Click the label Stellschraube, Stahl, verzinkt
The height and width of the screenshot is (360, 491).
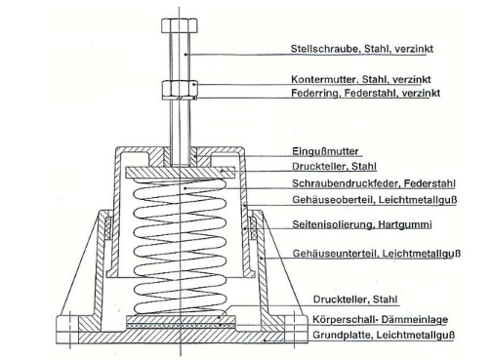[x=362, y=49]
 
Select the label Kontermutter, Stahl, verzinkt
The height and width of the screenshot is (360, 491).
[x=361, y=79]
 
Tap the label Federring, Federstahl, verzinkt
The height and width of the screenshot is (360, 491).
[x=365, y=93]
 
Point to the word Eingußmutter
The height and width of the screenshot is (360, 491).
[x=325, y=151]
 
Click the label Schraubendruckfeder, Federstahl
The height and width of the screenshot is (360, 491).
[x=374, y=183]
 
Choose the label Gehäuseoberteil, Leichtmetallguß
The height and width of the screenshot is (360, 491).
[x=375, y=199]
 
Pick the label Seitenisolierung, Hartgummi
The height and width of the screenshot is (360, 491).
[x=362, y=224]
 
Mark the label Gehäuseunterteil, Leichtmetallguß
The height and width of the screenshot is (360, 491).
[x=377, y=254]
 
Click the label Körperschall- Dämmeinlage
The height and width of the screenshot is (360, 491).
[x=380, y=319]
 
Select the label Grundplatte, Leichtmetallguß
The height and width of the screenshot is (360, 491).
[x=384, y=335]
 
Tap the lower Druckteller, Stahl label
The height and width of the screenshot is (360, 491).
[x=355, y=300]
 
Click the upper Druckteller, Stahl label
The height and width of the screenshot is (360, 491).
[x=334, y=167]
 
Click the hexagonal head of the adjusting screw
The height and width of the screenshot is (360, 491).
[x=180, y=25]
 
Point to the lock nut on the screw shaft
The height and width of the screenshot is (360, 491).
[x=180, y=87]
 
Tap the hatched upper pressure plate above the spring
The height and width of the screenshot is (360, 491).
[x=180, y=173]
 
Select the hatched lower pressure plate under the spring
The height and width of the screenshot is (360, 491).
[x=181, y=319]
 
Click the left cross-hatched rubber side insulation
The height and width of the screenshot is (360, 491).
[x=108, y=228]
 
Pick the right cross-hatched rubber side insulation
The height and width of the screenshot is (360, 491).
[x=252, y=228]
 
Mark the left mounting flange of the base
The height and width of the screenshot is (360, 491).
[x=67, y=329]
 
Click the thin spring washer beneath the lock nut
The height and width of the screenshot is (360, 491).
[x=180, y=98]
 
